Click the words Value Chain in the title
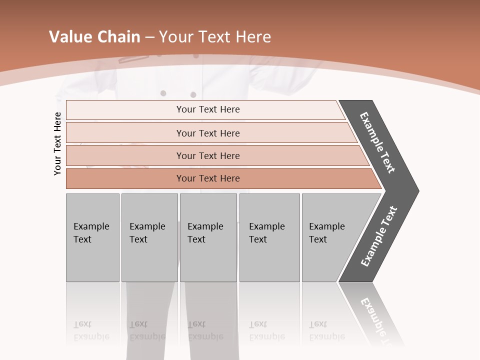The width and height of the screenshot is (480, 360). tap(94, 37)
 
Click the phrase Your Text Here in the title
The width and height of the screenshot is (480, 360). tap(215, 37)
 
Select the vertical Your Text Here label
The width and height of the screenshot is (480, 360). tap(57, 143)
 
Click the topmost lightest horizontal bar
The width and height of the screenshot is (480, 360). tap(207, 109)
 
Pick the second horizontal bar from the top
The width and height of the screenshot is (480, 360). tap(207, 133)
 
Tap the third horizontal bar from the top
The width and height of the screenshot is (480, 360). tap(207, 155)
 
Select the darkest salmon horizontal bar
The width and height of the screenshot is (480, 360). tap(207, 178)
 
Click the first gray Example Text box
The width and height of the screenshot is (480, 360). tap(92, 237)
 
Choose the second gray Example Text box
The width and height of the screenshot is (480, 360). tap(149, 237)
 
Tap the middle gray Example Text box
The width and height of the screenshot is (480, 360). tap(208, 237)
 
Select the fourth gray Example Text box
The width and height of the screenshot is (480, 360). tap(269, 237)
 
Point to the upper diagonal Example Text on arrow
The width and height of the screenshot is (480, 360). tap(377, 142)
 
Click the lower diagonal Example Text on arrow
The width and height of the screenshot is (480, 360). tap(379, 236)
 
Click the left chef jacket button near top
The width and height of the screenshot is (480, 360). tap(163, 93)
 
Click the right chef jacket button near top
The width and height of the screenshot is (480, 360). tap(193, 94)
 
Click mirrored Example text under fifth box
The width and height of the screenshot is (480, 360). tap(326, 336)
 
